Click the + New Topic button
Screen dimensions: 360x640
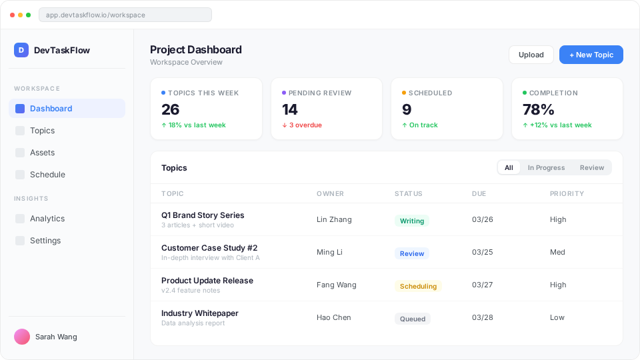pyautogui.click(x=591, y=55)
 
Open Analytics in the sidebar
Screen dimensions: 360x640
pyautogui.click(x=47, y=219)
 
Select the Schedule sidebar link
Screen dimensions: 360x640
pyautogui.click(x=47, y=175)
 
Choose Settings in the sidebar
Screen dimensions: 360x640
pyautogui.click(x=45, y=241)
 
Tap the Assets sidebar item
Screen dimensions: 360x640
pyautogui.click(x=42, y=153)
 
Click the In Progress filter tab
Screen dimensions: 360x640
pyautogui.click(x=546, y=167)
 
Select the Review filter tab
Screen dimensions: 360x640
pyautogui.click(x=591, y=167)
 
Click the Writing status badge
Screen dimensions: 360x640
pyautogui.click(x=412, y=221)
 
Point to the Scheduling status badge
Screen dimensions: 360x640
pyautogui.click(x=418, y=286)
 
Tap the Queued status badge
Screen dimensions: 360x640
pyautogui.click(x=413, y=319)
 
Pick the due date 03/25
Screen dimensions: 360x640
pyautogui.click(x=482, y=252)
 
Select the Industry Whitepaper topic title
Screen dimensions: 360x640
pyautogui.click(x=199, y=313)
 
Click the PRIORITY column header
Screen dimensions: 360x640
pyautogui.click(x=567, y=193)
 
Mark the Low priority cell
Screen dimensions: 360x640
pyautogui.click(x=557, y=317)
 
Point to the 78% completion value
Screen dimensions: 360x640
pyautogui.click(x=538, y=109)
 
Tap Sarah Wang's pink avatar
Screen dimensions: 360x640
pyautogui.click(x=22, y=337)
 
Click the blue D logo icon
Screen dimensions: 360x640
pyautogui.click(x=21, y=50)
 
